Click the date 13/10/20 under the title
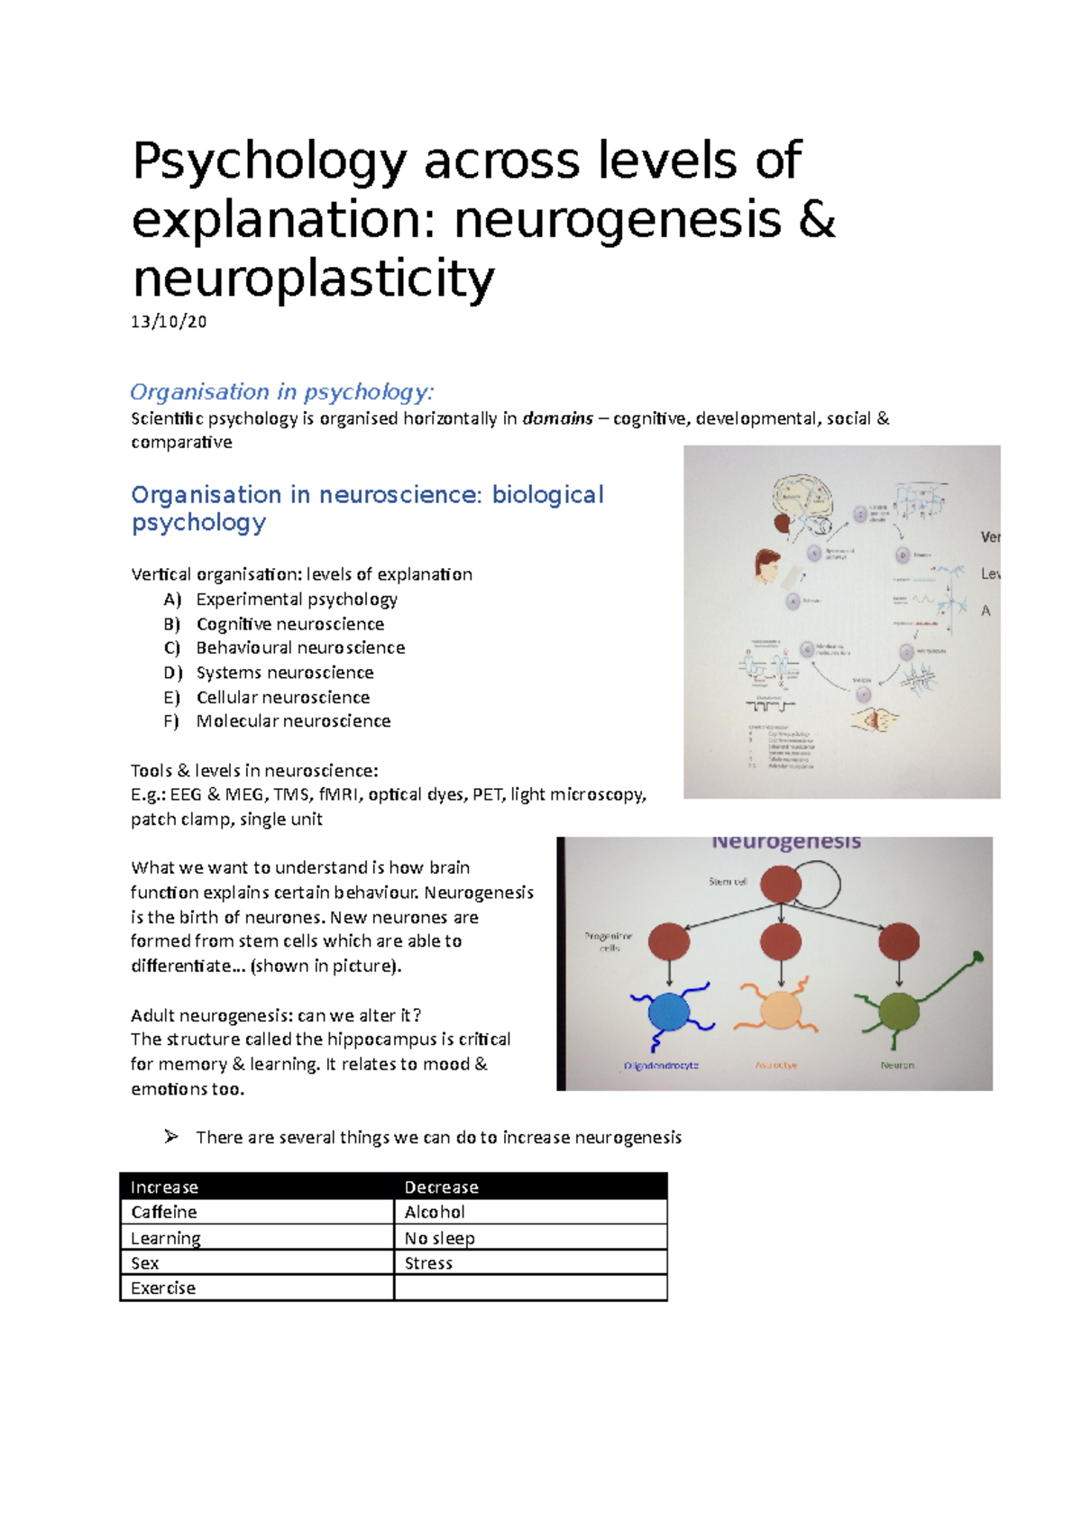(169, 322)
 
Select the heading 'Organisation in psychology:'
(282, 392)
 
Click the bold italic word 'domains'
(557, 418)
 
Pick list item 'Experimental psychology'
(297, 600)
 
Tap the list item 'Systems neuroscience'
(285, 673)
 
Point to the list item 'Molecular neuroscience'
(293, 721)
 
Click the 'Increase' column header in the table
(164, 1187)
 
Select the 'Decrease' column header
(441, 1187)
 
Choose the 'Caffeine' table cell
(164, 1213)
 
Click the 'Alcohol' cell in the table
(435, 1213)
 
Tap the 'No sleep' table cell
(439, 1238)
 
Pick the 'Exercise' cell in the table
(163, 1288)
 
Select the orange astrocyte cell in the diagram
(780, 1009)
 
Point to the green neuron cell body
(899, 1012)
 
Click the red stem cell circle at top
(781, 885)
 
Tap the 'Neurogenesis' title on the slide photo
(786, 842)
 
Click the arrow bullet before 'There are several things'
(171, 1137)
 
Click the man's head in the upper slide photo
(767, 565)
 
